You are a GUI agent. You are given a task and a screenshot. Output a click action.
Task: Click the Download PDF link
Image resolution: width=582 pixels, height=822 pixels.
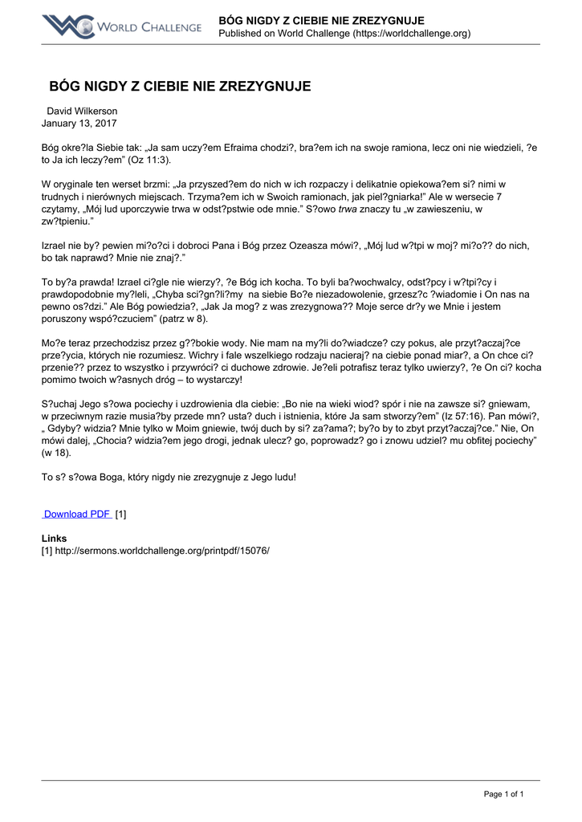pos(77,514)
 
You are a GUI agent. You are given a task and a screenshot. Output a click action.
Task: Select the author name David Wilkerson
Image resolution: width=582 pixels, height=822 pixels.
pos(82,111)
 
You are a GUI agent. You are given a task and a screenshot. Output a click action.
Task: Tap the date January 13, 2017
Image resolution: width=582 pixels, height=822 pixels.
pos(79,124)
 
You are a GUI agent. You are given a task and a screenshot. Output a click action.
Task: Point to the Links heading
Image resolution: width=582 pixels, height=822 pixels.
pos(54,538)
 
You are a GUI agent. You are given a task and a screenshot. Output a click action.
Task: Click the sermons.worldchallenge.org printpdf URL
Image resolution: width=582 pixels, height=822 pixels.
pos(161,551)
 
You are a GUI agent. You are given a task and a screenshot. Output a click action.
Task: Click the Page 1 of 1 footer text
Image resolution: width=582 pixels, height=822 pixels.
pos(503,794)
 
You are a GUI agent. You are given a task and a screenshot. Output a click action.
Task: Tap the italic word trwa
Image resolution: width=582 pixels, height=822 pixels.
pos(346,209)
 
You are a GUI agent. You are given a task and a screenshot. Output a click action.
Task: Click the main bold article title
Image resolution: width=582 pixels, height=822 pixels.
pos(180,86)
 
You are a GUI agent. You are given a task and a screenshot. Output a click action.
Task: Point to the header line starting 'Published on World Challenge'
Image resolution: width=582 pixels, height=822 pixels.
pos(344,33)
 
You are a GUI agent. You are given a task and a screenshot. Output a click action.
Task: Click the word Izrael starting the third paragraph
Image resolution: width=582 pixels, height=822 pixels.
pos(55,245)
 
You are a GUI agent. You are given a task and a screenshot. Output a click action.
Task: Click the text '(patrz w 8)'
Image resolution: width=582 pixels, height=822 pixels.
pos(185,319)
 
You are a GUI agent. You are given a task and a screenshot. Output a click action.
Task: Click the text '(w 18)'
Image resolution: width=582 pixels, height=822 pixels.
pos(58,453)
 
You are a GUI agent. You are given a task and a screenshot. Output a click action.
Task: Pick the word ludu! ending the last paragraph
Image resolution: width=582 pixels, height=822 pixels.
pos(279,477)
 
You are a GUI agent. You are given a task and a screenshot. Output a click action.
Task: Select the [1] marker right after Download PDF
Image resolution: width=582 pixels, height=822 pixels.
pos(121,514)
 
